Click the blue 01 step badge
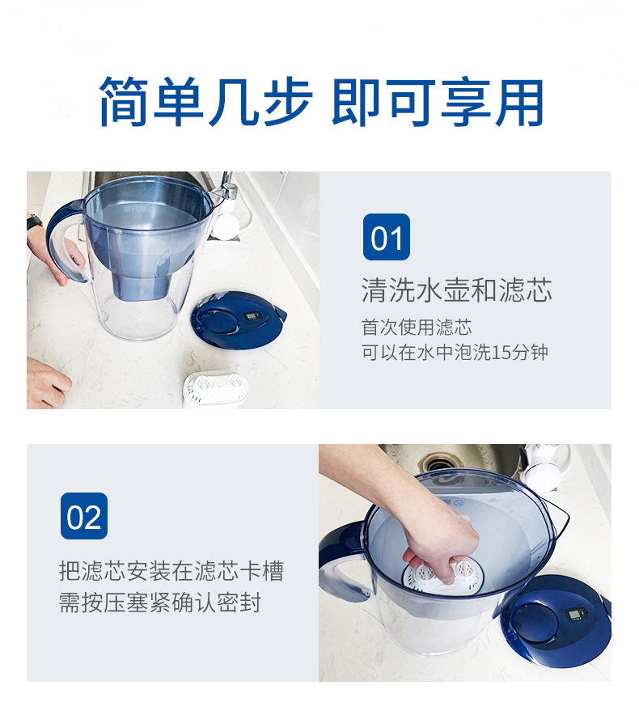tap(387, 237)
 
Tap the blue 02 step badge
tap(84, 516)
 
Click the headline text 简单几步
tap(205, 102)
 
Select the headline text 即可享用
tap(438, 102)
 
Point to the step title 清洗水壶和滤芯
tap(457, 290)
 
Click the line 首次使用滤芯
tap(417, 328)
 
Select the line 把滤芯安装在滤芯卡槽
tap(171, 571)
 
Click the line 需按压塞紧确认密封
tap(160, 603)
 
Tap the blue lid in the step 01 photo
tap(238, 319)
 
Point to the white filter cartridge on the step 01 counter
tap(216, 388)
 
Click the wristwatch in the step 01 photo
tap(34, 222)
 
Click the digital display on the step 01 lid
tap(252, 315)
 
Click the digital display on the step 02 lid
tap(575, 613)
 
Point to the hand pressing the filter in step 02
tap(437, 542)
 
